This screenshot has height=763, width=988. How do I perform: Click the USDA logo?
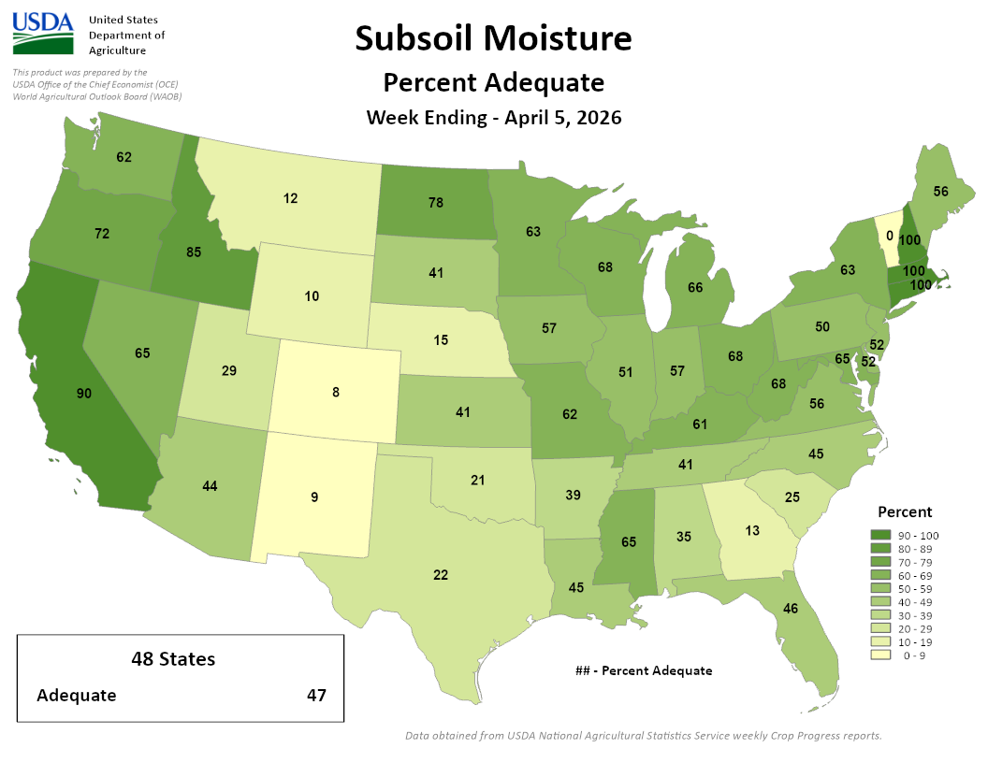click(43, 35)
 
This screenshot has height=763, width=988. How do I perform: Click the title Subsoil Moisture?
click(493, 38)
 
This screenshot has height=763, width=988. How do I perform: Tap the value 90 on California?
click(84, 394)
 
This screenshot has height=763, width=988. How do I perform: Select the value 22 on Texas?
click(441, 574)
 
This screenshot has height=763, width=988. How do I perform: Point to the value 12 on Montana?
click(291, 198)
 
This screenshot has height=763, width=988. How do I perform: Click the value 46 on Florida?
click(791, 609)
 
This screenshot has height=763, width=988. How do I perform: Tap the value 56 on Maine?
click(940, 190)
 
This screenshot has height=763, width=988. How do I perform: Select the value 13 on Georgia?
click(753, 530)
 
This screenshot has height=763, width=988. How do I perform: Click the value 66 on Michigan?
click(694, 288)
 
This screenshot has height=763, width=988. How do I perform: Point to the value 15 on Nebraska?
click(441, 339)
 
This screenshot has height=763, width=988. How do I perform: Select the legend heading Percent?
click(904, 511)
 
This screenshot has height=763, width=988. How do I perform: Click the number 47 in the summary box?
click(317, 695)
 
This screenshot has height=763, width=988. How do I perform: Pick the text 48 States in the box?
click(173, 658)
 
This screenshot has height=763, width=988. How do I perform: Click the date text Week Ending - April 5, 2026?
click(493, 118)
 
